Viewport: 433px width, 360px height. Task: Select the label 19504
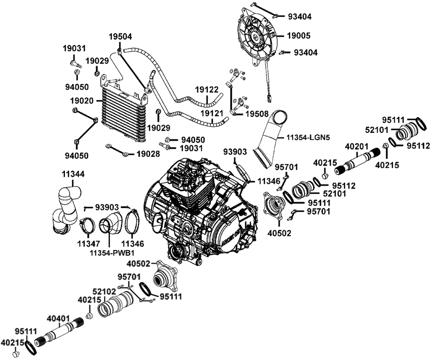(120, 37)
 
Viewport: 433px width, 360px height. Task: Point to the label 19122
(206, 90)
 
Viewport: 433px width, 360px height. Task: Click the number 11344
(73, 174)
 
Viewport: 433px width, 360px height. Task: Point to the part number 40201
(357, 147)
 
